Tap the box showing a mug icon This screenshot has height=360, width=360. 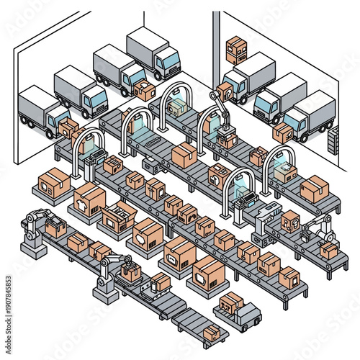[179, 252]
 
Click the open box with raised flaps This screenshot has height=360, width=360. [118, 215]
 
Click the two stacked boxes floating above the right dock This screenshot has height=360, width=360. [235, 50]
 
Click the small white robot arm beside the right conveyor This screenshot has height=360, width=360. [317, 230]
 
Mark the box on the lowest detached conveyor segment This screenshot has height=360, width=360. [212, 333]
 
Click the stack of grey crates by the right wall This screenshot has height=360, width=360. [332, 140]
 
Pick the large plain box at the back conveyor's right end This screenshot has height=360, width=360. [314, 189]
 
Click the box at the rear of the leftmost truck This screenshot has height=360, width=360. [69, 128]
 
